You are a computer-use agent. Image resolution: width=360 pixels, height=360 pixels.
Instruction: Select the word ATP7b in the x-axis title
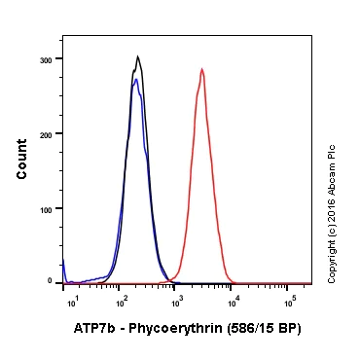pos(93,329)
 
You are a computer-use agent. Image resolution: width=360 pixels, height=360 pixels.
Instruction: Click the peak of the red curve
pos(201,69)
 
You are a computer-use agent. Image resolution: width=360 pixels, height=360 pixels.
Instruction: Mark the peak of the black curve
pos(138,56)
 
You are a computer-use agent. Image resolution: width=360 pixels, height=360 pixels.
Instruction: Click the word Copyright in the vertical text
pos(332,258)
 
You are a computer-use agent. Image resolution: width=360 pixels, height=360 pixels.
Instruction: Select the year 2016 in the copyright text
pos(332,207)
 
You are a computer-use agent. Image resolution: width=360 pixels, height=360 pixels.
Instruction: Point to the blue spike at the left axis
pos(64,265)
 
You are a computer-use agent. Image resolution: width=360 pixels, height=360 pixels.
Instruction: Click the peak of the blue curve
pos(136,80)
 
